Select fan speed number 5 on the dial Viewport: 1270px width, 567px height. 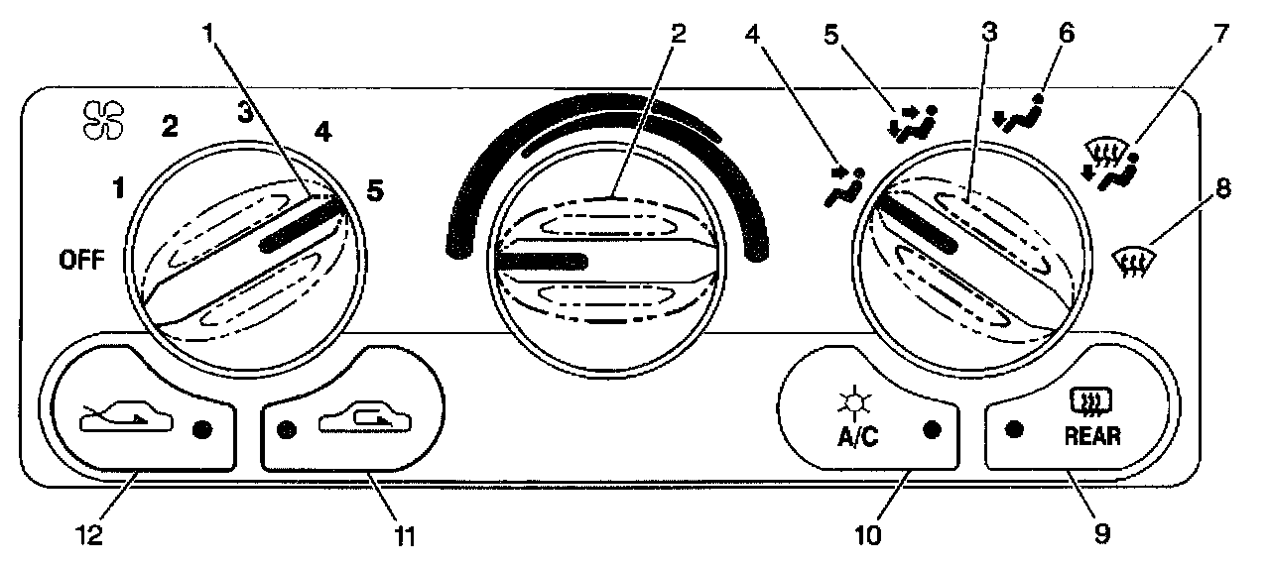coord(374,193)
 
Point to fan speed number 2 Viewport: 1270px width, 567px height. coord(171,126)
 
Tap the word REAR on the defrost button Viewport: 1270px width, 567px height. coord(1092,436)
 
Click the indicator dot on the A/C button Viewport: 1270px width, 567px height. coord(931,430)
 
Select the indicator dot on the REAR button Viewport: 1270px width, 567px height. coord(1013,430)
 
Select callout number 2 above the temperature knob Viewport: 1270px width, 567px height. coord(678,34)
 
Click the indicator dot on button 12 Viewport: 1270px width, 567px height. coord(203,430)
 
